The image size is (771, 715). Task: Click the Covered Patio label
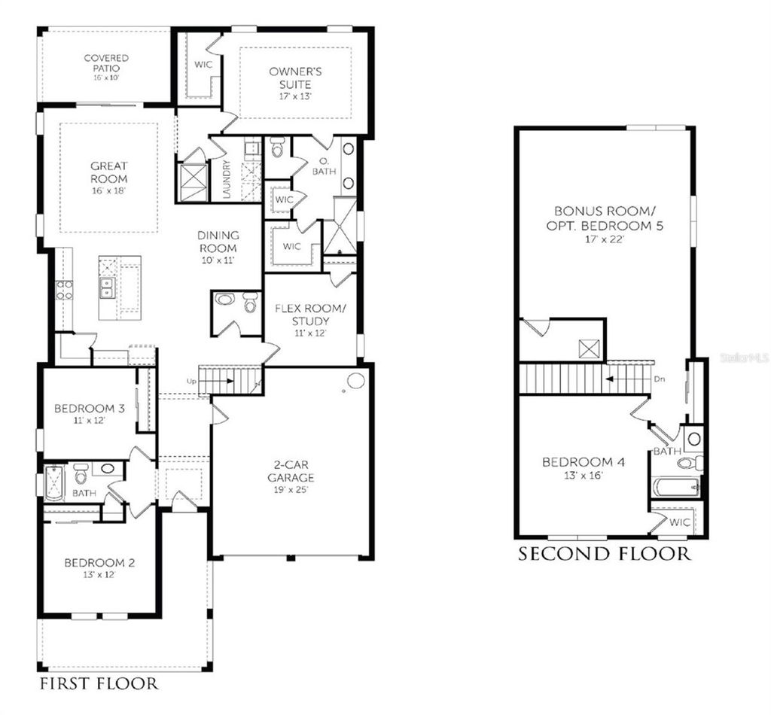click(105, 63)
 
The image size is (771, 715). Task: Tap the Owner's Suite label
click(296, 78)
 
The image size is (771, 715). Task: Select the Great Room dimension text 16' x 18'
click(109, 192)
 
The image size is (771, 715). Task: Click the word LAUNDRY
click(227, 181)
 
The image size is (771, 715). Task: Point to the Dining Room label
click(218, 242)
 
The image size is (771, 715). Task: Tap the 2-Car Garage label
click(290, 471)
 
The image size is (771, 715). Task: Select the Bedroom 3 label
click(90, 409)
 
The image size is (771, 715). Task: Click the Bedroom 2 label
click(99, 562)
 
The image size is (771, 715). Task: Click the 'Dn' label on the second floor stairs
click(660, 379)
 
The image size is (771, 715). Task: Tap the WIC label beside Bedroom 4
click(680, 522)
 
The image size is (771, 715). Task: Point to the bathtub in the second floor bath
click(675, 486)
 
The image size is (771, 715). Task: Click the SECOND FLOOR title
click(604, 555)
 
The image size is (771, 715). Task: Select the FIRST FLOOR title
click(98, 683)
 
